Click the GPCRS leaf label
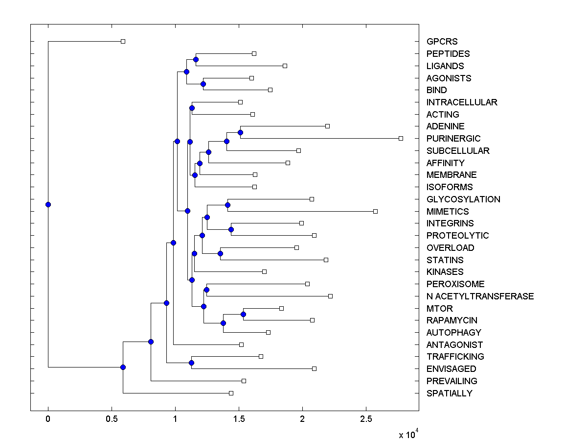(442, 42)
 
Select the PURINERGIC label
(453, 139)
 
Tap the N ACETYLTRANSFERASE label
(480, 296)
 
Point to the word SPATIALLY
(449, 393)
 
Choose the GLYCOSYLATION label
(463, 199)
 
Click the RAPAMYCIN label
(452, 320)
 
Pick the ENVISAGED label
(451, 369)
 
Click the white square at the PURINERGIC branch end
(401, 138)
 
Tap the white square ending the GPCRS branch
(123, 41)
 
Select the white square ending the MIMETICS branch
(375, 211)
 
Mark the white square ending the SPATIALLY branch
(231, 393)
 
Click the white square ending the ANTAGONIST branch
(241, 344)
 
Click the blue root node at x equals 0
(48, 204)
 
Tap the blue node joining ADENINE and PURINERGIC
(240, 132)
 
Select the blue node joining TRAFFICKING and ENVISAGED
(191, 363)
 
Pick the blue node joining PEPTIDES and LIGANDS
(196, 59)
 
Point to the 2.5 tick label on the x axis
(366, 419)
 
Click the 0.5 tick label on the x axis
(112, 419)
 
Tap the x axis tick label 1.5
(239, 419)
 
